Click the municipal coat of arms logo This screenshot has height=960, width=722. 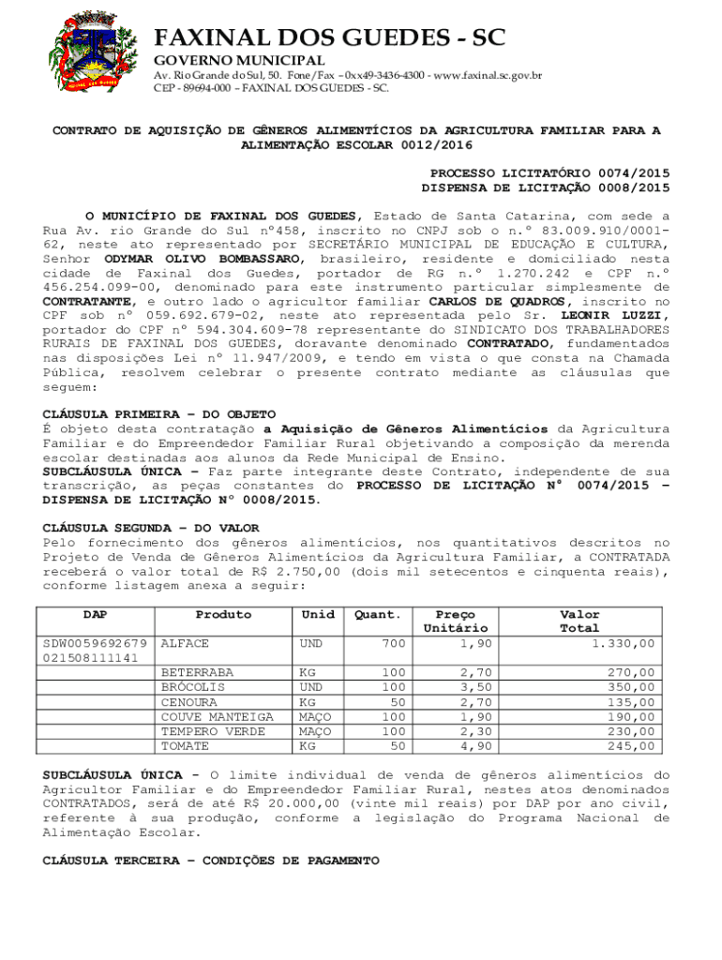click(x=91, y=51)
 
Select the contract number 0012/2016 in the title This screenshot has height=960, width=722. click(x=436, y=145)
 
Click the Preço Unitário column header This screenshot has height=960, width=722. click(x=455, y=621)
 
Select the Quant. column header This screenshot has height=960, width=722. click(x=378, y=615)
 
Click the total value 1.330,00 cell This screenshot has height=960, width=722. click(x=623, y=644)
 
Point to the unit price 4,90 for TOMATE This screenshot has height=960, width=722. click(x=475, y=745)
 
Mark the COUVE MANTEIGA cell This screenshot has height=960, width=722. click(x=217, y=716)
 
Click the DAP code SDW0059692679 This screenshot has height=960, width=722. click(x=95, y=644)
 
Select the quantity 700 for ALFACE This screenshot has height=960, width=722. click(x=394, y=644)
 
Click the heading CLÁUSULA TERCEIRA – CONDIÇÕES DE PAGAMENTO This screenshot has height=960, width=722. click(x=211, y=861)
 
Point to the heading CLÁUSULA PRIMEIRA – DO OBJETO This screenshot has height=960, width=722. click(x=159, y=413)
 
